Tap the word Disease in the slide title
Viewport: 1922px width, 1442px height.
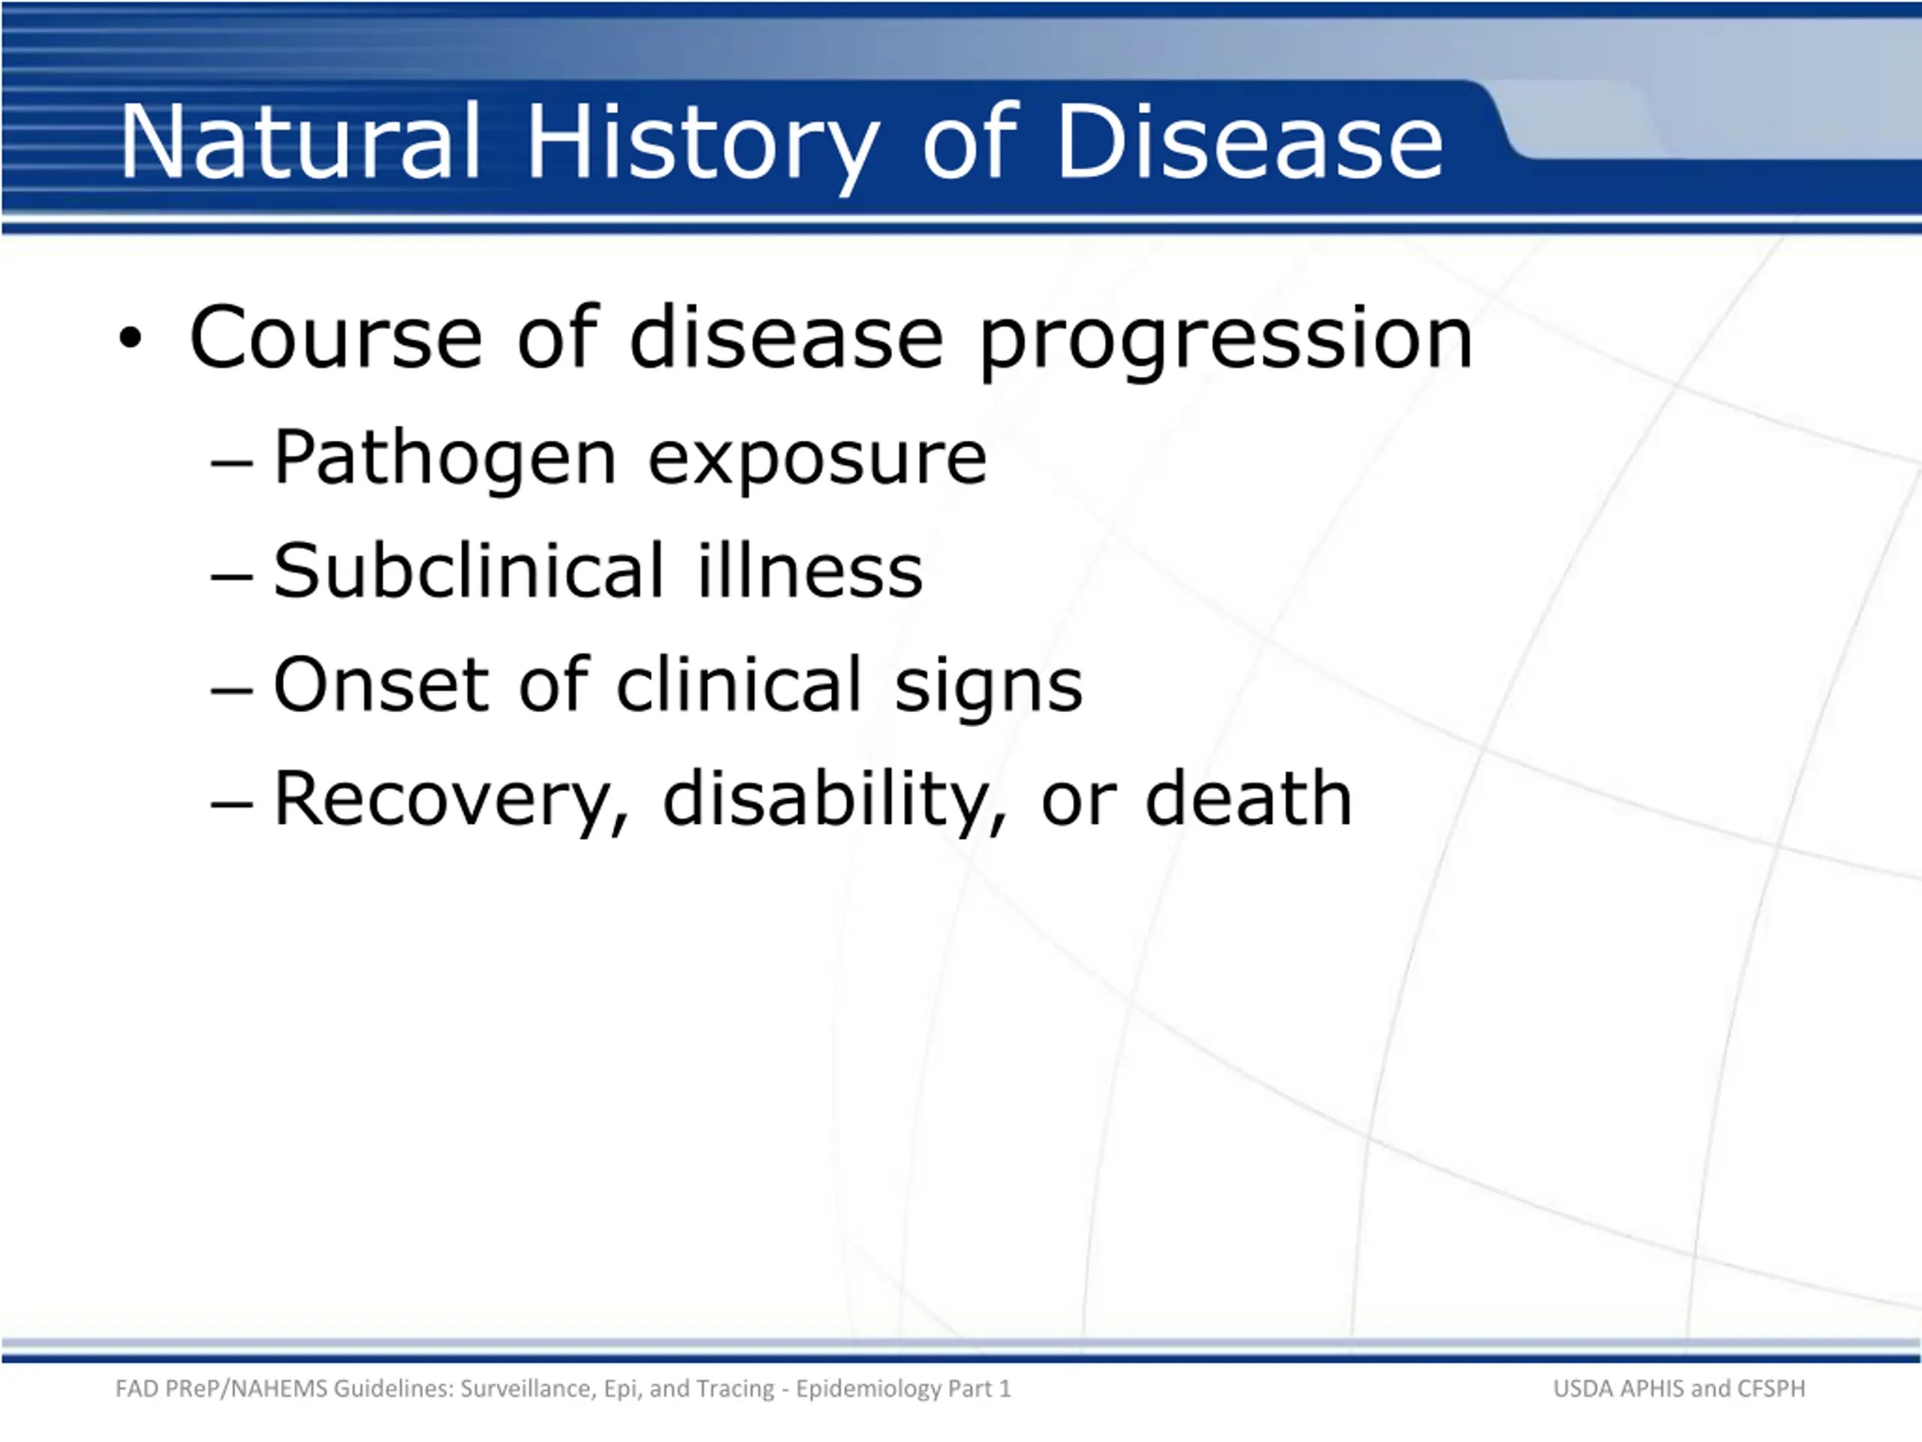pos(1249,143)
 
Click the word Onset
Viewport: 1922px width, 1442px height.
pos(381,685)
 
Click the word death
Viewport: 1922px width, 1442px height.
pos(1249,797)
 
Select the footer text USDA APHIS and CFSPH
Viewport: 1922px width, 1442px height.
pos(1679,1388)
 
